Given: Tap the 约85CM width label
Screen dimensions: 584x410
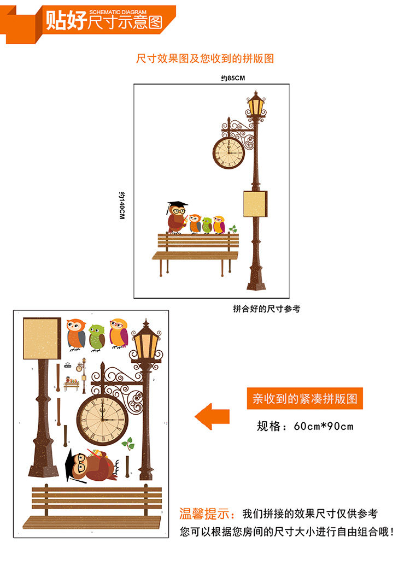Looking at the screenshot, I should point(233,78).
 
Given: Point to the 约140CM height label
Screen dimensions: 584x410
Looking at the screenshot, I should point(122,205).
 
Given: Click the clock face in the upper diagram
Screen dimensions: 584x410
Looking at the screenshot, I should point(227,152).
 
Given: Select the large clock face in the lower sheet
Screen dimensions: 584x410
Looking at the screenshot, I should point(101,419).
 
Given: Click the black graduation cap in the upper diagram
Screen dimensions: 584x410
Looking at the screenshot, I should point(177,205).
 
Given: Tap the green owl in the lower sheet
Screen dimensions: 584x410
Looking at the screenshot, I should point(97,338).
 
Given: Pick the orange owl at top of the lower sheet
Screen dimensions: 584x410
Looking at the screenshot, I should point(76,334).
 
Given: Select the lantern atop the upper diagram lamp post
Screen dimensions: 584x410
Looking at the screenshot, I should point(255,104).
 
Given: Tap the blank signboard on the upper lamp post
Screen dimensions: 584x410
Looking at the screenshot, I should point(255,204).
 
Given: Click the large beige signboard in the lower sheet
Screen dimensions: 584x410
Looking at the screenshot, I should point(42,338).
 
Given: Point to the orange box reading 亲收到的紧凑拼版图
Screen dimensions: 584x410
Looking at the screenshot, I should point(304,399).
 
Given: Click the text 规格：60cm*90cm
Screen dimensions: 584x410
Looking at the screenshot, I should point(305,426).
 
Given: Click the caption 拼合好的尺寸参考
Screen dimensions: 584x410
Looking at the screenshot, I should point(266,309).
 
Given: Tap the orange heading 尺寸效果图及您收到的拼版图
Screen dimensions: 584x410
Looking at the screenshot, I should point(205,58).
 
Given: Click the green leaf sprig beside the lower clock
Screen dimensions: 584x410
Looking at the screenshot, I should point(128,444).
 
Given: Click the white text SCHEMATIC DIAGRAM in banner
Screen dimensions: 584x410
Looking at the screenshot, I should point(118,11).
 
